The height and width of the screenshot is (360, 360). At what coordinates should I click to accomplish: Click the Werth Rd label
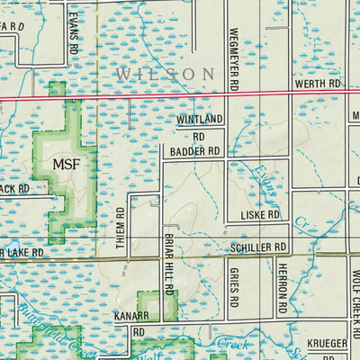(x=318, y=83)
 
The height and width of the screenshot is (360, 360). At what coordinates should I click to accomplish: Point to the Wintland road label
(x=198, y=119)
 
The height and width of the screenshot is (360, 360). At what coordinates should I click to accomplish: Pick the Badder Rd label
(x=195, y=152)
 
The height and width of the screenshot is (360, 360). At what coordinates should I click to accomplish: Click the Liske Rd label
(x=262, y=216)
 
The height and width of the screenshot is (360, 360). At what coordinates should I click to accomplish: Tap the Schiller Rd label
(x=257, y=246)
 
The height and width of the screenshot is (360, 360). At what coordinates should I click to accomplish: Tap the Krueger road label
(x=326, y=344)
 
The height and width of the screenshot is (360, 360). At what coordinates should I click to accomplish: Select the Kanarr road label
(x=130, y=317)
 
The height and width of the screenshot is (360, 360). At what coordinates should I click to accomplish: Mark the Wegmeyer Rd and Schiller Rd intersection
(x=225, y=255)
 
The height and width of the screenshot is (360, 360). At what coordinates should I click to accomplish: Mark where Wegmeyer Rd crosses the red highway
(x=225, y=93)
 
